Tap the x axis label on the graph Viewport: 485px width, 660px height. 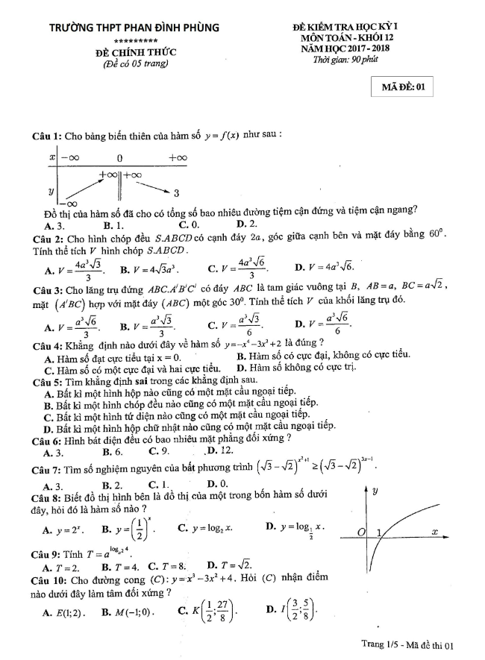pos(434,531)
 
